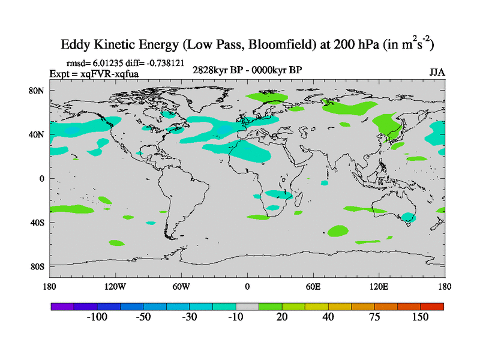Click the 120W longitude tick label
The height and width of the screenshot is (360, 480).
[115, 286]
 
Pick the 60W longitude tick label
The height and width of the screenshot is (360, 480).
[181, 286]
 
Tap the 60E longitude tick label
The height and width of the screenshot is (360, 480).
[313, 286]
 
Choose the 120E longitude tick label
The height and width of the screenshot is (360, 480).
[379, 286]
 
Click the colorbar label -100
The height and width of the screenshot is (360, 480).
[97, 317]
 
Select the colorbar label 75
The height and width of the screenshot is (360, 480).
[374, 317]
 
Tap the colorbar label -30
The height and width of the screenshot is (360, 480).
[190, 317]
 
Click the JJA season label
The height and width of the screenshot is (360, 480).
[437, 72]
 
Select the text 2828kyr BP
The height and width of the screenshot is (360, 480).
[215, 70]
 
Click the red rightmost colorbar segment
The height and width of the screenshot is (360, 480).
[432, 306]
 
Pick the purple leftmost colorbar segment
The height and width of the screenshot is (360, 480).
[62, 306]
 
